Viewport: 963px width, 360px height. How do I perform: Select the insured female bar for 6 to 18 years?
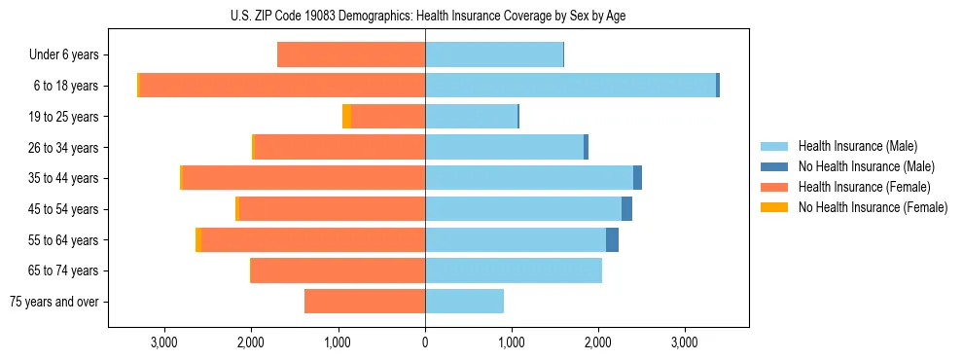pyautogui.click(x=282, y=86)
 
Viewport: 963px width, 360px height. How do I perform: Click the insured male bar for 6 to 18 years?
pyautogui.click(x=570, y=86)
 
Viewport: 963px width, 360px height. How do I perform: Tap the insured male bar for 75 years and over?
pyautogui.click(x=464, y=302)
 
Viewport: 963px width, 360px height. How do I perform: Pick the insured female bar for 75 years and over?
pyautogui.click(x=365, y=302)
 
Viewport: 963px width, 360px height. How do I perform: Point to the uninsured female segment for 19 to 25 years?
pyautogui.click(x=347, y=117)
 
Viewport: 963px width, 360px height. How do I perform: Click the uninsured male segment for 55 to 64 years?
pyautogui.click(x=612, y=240)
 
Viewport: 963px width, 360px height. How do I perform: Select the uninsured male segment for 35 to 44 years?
pyautogui.click(x=637, y=178)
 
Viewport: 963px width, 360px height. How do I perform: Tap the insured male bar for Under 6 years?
pyautogui.click(x=494, y=54)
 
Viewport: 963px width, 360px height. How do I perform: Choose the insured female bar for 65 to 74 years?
pyautogui.click(x=339, y=270)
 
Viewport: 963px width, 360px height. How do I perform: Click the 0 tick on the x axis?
pyautogui.click(x=425, y=342)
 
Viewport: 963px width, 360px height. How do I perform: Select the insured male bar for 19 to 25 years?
pyautogui.click(x=471, y=117)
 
